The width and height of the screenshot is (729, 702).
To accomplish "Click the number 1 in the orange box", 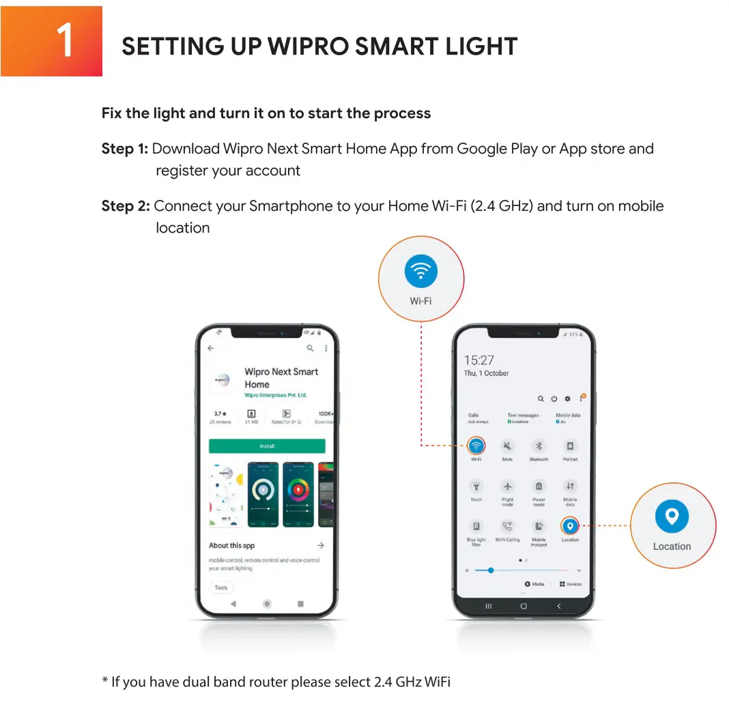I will [64, 41].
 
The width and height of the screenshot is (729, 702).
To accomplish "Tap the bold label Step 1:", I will [125, 149].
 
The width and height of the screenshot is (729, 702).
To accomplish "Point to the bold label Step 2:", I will [126, 206].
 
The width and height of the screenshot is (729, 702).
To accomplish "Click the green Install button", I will [267, 446].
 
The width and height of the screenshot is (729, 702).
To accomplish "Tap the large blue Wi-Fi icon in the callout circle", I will [421, 271].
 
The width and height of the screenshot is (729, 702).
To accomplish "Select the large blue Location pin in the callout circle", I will [672, 516].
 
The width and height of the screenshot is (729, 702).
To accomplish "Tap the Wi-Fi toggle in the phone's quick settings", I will [476, 446].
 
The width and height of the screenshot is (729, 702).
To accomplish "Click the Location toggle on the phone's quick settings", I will [570, 526].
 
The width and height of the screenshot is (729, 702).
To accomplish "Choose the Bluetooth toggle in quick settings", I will [539, 446].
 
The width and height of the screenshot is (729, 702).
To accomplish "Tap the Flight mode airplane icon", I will [507, 486].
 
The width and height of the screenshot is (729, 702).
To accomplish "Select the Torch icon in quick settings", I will [476, 486].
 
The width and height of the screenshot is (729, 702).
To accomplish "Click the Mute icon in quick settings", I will [507, 446].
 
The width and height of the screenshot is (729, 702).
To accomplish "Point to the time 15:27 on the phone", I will [478, 360].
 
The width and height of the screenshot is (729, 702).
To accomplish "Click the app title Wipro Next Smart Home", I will [281, 378].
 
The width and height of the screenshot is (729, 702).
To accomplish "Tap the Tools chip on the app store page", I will [221, 587].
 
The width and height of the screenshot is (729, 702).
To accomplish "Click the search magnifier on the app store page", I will [310, 348].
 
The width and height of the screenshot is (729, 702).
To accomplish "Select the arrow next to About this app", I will [320, 546].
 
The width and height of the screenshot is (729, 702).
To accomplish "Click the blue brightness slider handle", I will [490, 570].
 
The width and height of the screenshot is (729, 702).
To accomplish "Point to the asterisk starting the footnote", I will [105, 681].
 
